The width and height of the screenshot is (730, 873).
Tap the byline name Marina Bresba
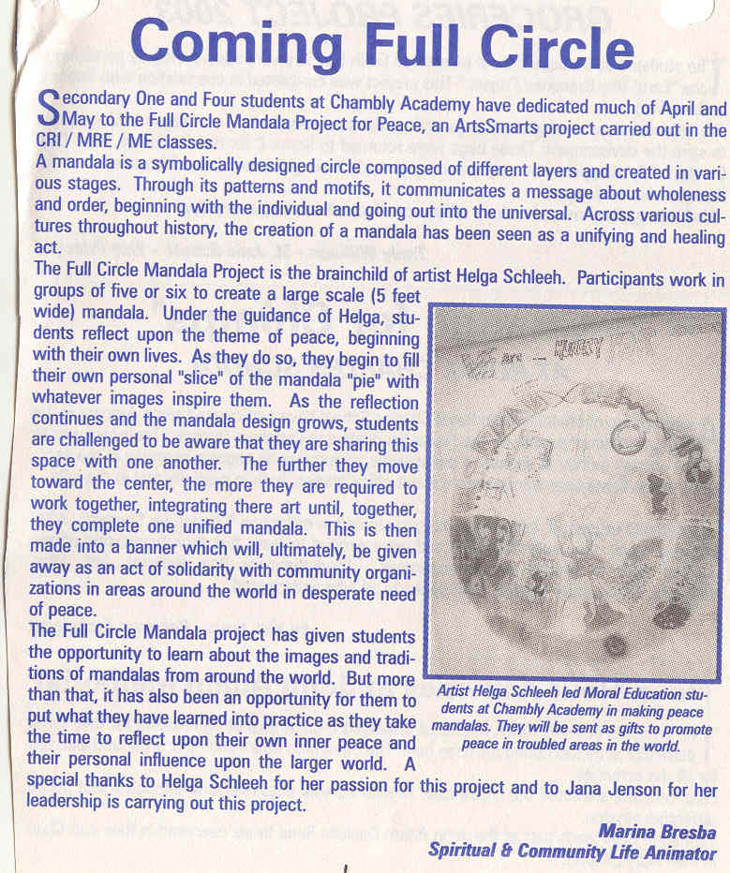[656, 832]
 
